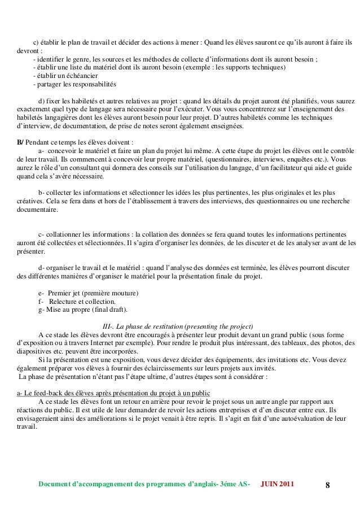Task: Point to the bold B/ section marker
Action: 21,141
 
